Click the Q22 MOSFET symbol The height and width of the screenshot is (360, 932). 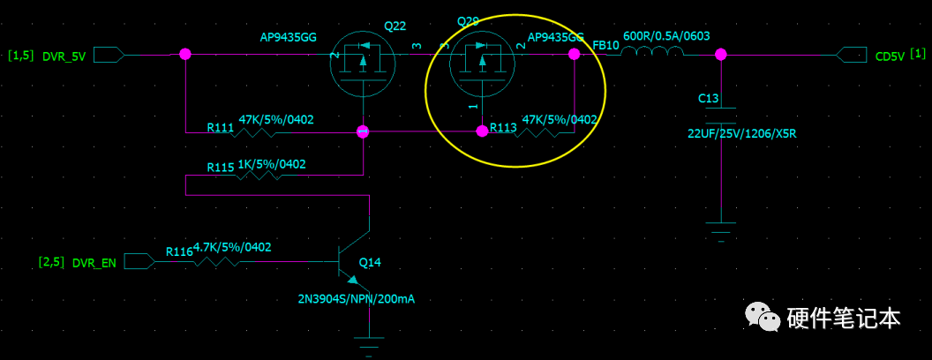coord(365,62)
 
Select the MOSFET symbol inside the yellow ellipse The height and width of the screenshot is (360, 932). coord(481,62)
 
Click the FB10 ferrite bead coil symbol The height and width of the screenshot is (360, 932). coord(652,53)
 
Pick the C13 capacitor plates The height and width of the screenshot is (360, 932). coord(721,116)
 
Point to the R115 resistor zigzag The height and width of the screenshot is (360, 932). coord(256,176)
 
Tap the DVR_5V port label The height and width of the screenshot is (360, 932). coord(64,56)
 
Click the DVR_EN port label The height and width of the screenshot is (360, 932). coord(94,262)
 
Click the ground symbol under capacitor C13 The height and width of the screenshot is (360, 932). coord(721,231)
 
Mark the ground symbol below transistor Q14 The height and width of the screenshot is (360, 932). coord(368,342)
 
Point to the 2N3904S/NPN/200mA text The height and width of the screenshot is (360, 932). coord(356,299)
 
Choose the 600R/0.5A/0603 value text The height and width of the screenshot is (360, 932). coord(666,36)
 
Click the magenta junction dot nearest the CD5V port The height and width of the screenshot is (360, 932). coord(721,54)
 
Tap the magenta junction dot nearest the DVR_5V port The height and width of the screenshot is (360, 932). coord(185,54)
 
